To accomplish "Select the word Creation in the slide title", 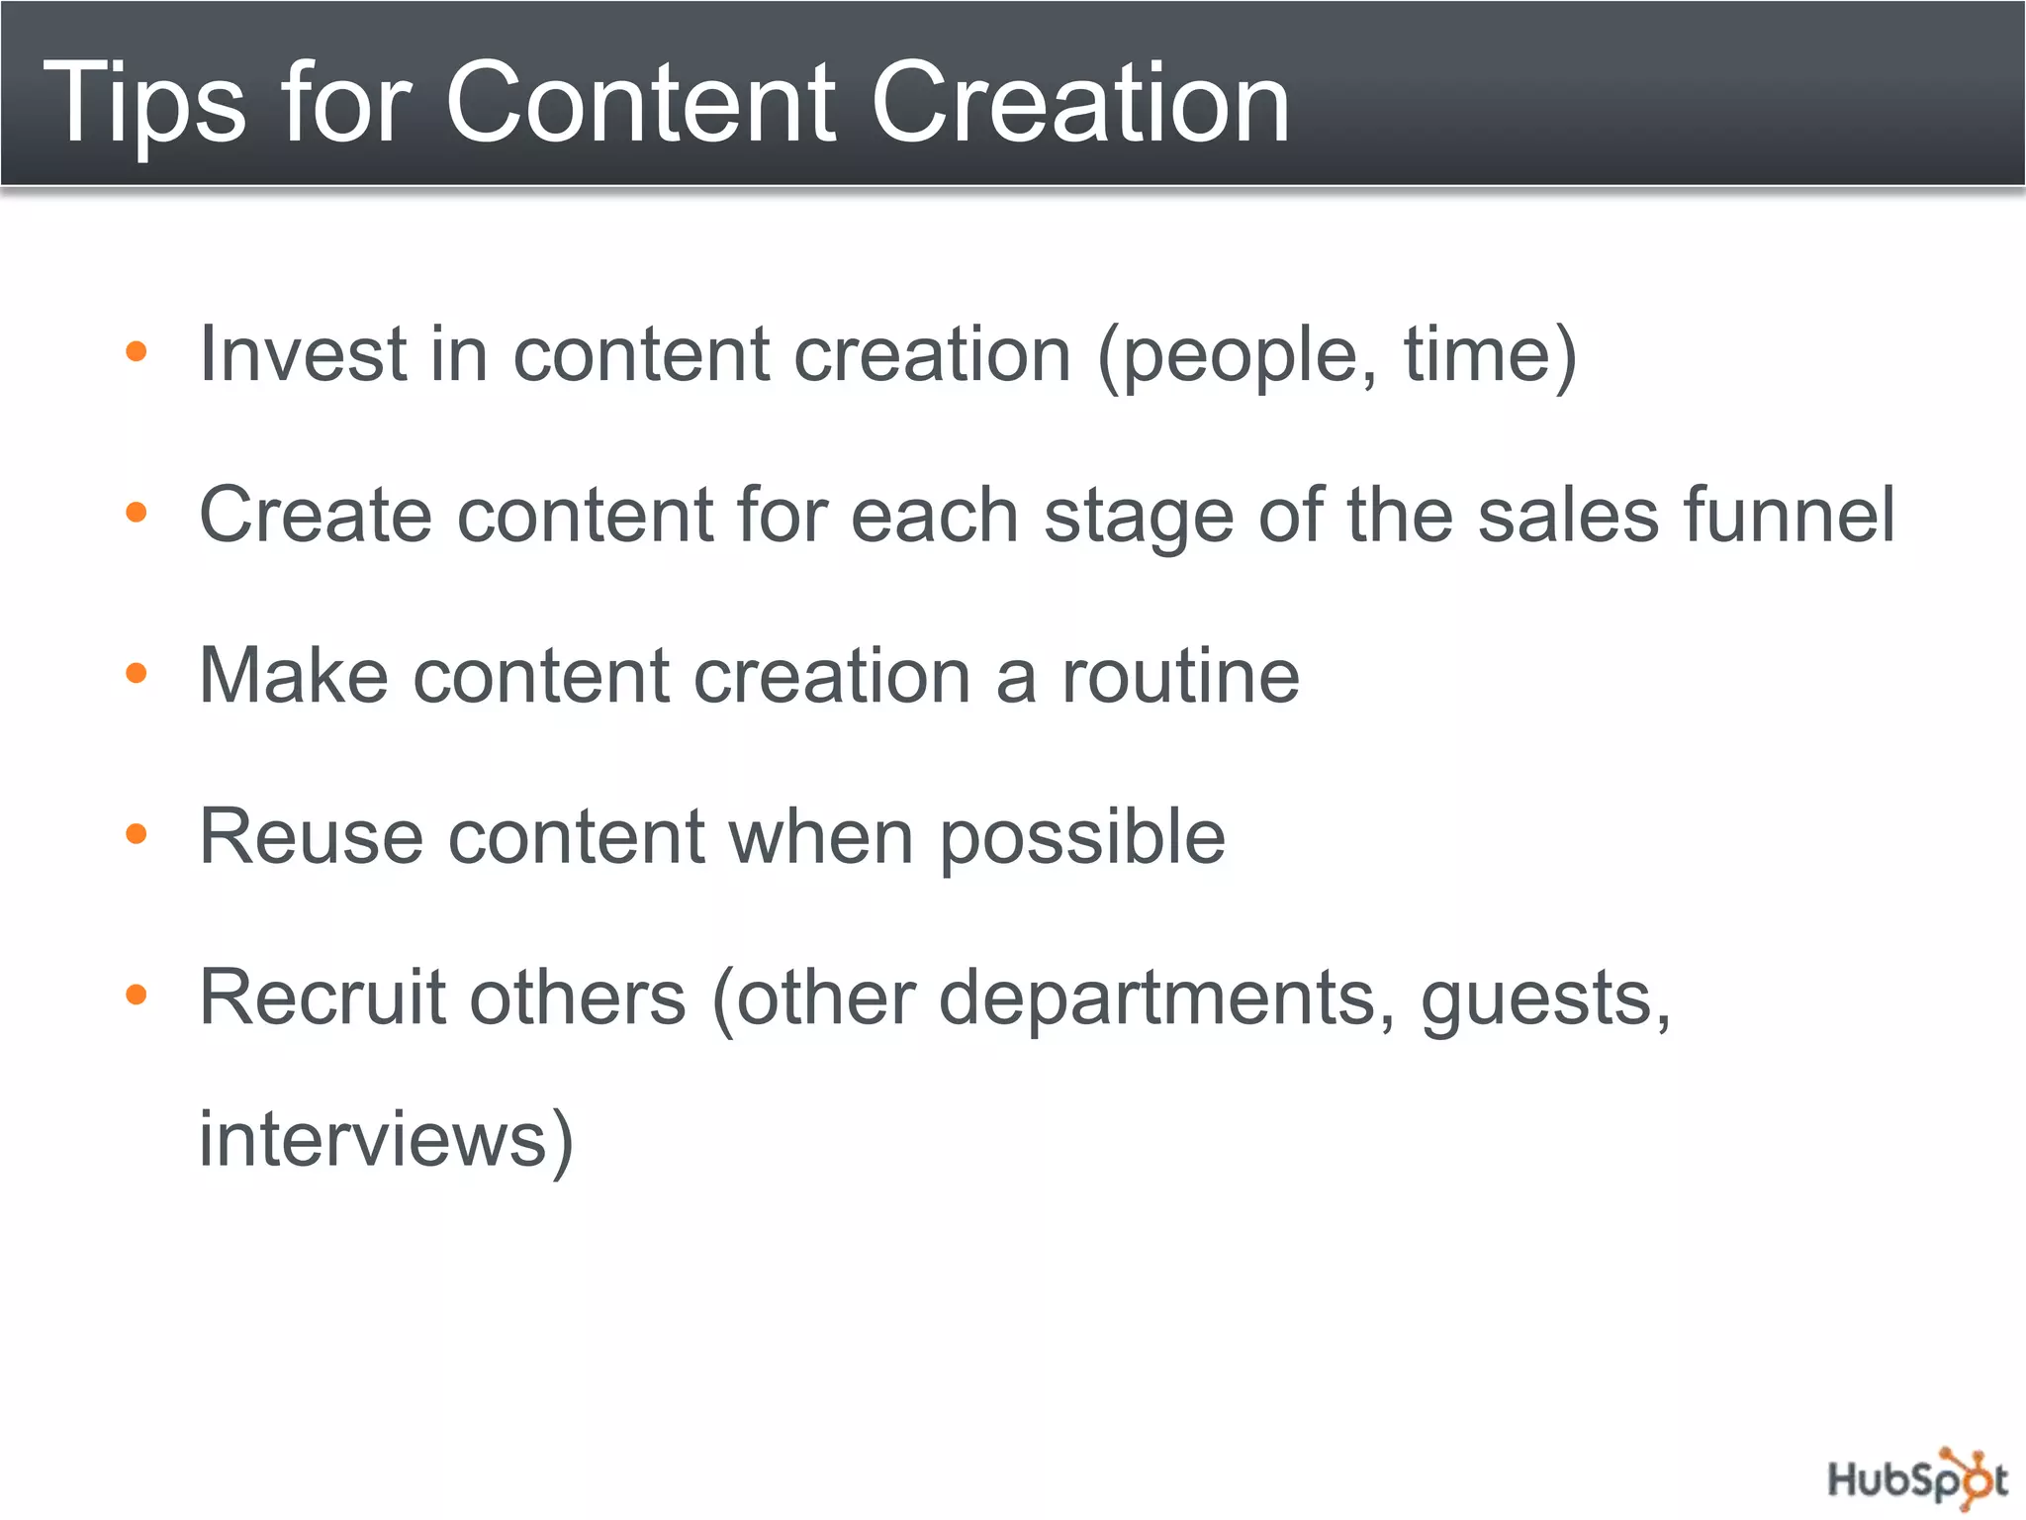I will tap(1079, 102).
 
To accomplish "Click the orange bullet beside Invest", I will tap(137, 351).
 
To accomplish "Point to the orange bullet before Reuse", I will tap(137, 834).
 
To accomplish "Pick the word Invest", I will tap(303, 353).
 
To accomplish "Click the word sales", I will tap(1567, 515).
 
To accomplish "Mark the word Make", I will tap(294, 675).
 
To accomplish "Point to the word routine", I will tap(1180, 675).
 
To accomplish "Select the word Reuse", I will tap(312, 836).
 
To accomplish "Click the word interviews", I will tap(374, 1138).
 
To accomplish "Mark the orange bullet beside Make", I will tap(137, 674).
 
